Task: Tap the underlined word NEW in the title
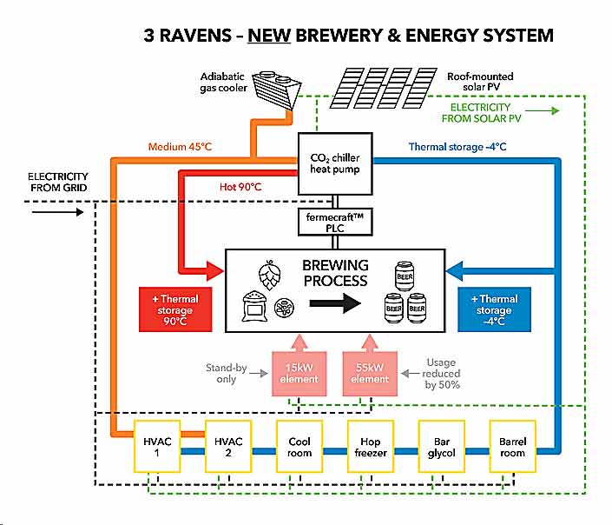[271, 37]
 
